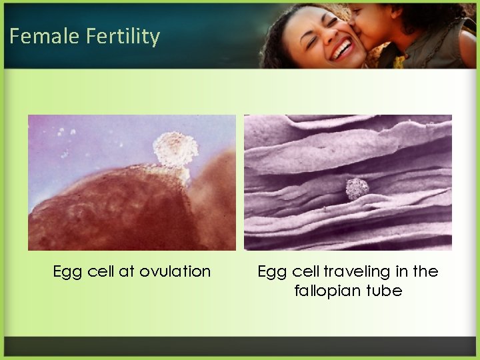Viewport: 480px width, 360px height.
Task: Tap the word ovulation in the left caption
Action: pos(175,271)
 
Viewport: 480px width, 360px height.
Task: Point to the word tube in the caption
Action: pos(387,291)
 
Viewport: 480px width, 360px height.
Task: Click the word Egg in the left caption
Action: pos(66,272)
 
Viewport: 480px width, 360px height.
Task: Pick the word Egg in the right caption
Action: pos(270,272)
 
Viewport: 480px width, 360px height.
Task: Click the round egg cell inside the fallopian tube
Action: pos(357,189)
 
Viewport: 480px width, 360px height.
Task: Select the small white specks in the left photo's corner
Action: pos(65,131)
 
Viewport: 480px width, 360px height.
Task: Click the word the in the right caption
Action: pos(426,271)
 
